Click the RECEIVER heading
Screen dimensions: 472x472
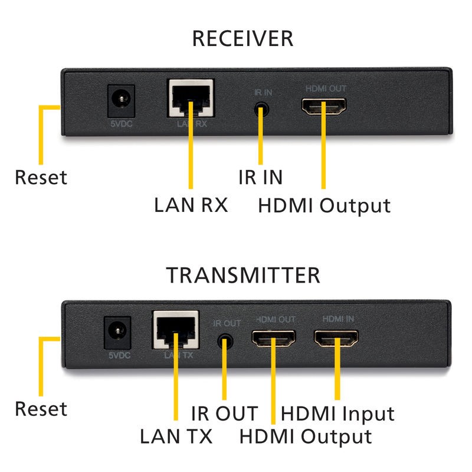[242, 39]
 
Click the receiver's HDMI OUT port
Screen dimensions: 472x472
[324, 107]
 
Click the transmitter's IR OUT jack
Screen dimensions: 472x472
[224, 340]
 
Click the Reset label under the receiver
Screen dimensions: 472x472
[41, 176]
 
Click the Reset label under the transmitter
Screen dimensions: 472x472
[41, 408]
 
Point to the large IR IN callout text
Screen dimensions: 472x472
[260, 176]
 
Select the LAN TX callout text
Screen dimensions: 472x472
[176, 437]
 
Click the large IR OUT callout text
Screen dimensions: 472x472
[225, 412]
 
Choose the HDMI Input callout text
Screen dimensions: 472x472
[337, 413]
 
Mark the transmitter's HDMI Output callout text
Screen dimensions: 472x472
[305, 437]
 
